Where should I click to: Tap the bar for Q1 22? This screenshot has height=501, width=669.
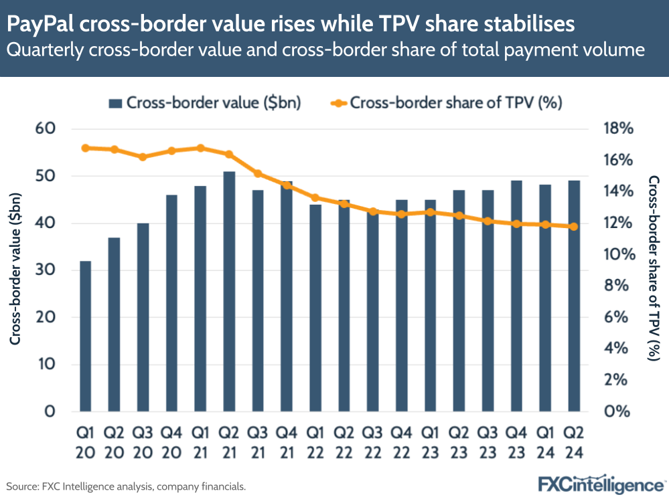[315, 308]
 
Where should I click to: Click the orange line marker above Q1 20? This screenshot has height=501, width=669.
[85, 148]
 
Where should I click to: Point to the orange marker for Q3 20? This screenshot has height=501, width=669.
[143, 157]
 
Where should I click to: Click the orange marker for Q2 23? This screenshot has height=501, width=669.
[459, 215]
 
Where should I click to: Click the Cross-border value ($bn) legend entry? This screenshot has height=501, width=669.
[204, 102]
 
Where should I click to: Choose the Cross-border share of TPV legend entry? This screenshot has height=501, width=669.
[445, 102]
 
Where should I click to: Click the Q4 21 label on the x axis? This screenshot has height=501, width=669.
[287, 443]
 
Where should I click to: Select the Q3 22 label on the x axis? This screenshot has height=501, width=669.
[372, 443]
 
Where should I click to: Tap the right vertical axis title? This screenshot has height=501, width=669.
[654, 269]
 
